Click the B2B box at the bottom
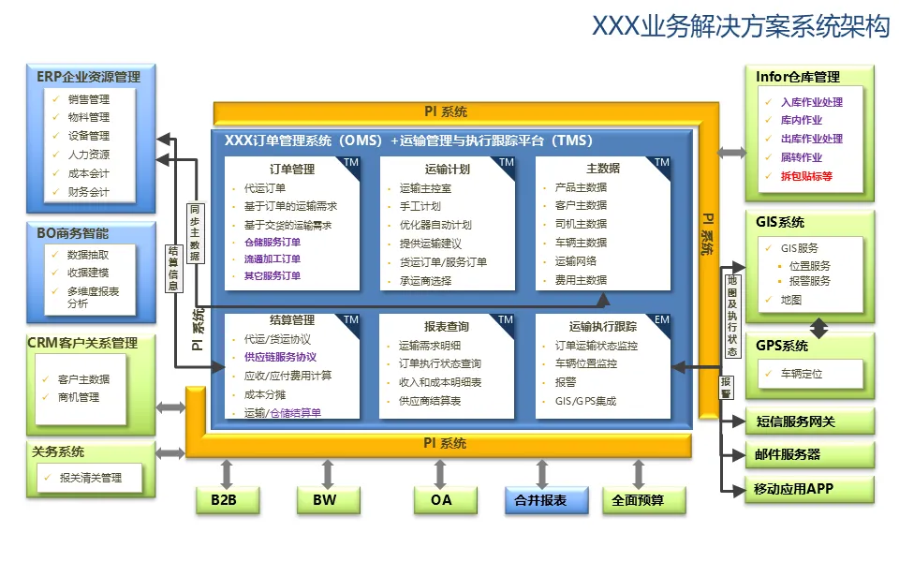point(224,500)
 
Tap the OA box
point(441,500)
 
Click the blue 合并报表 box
point(540,500)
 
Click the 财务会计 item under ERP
point(88,192)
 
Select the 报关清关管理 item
point(90,479)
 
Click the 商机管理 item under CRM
point(78,397)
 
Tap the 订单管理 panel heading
point(291,170)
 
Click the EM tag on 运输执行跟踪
point(661,320)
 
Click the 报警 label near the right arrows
point(726,388)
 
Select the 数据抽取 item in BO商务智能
point(88,255)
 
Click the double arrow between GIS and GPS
point(818,328)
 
